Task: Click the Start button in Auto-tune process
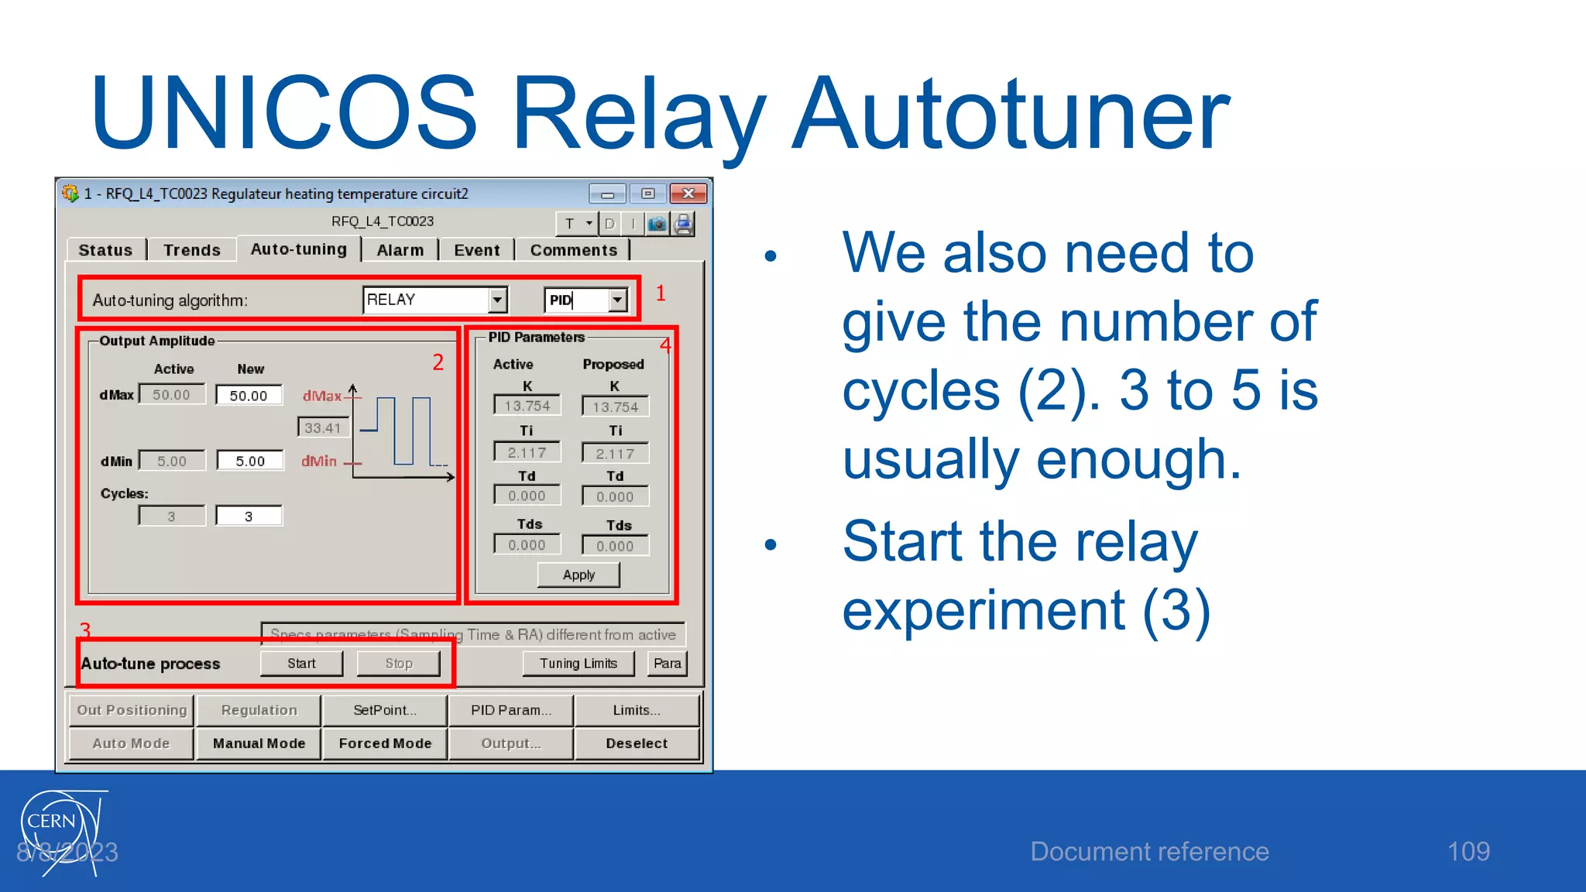tap(301, 664)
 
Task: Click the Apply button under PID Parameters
tap(578, 575)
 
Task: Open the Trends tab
tap(191, 250)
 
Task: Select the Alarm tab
tap(400, 250)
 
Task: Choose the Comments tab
tap(573, 250)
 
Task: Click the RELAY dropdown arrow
tap(497, 300)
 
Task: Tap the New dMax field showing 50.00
tap(249, 396)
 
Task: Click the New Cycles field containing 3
tap(249, 516)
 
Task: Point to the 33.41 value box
tap(323, 427)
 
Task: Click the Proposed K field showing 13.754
tap(615, 407)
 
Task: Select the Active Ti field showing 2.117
tap(527, 452)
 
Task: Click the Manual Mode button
tap(259, 743)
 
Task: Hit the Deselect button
tap(636, 743)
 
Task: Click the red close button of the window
tap(688, 194)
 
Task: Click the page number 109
tap(1468, 852)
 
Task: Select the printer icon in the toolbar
tap(683, 225)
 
